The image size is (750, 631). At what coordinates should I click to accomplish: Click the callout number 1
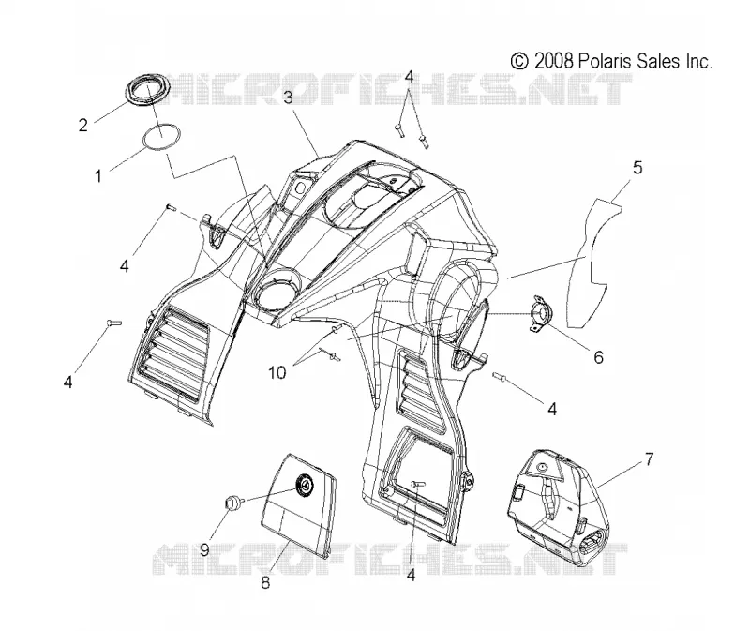[98, 176]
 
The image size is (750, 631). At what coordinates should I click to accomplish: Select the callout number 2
[83, 126]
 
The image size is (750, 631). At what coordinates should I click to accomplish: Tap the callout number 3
[288, 98]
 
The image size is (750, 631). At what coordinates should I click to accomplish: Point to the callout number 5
[637, 168]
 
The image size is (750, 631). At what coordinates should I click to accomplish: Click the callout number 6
[598, 357]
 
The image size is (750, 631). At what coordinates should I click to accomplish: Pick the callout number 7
[649, 459]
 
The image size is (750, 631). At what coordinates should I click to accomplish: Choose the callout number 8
[265, 582]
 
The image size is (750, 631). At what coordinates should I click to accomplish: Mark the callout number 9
[204, 549]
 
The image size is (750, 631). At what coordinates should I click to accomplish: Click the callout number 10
[277, 372]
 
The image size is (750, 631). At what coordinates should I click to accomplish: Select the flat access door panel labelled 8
[298, 504]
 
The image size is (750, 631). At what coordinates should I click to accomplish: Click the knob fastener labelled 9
[232, 503]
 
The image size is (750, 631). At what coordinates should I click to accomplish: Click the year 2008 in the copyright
[554, 61]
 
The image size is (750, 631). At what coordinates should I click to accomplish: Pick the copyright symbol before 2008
[519, 61]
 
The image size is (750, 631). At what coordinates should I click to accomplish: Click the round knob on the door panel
[303, 484]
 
